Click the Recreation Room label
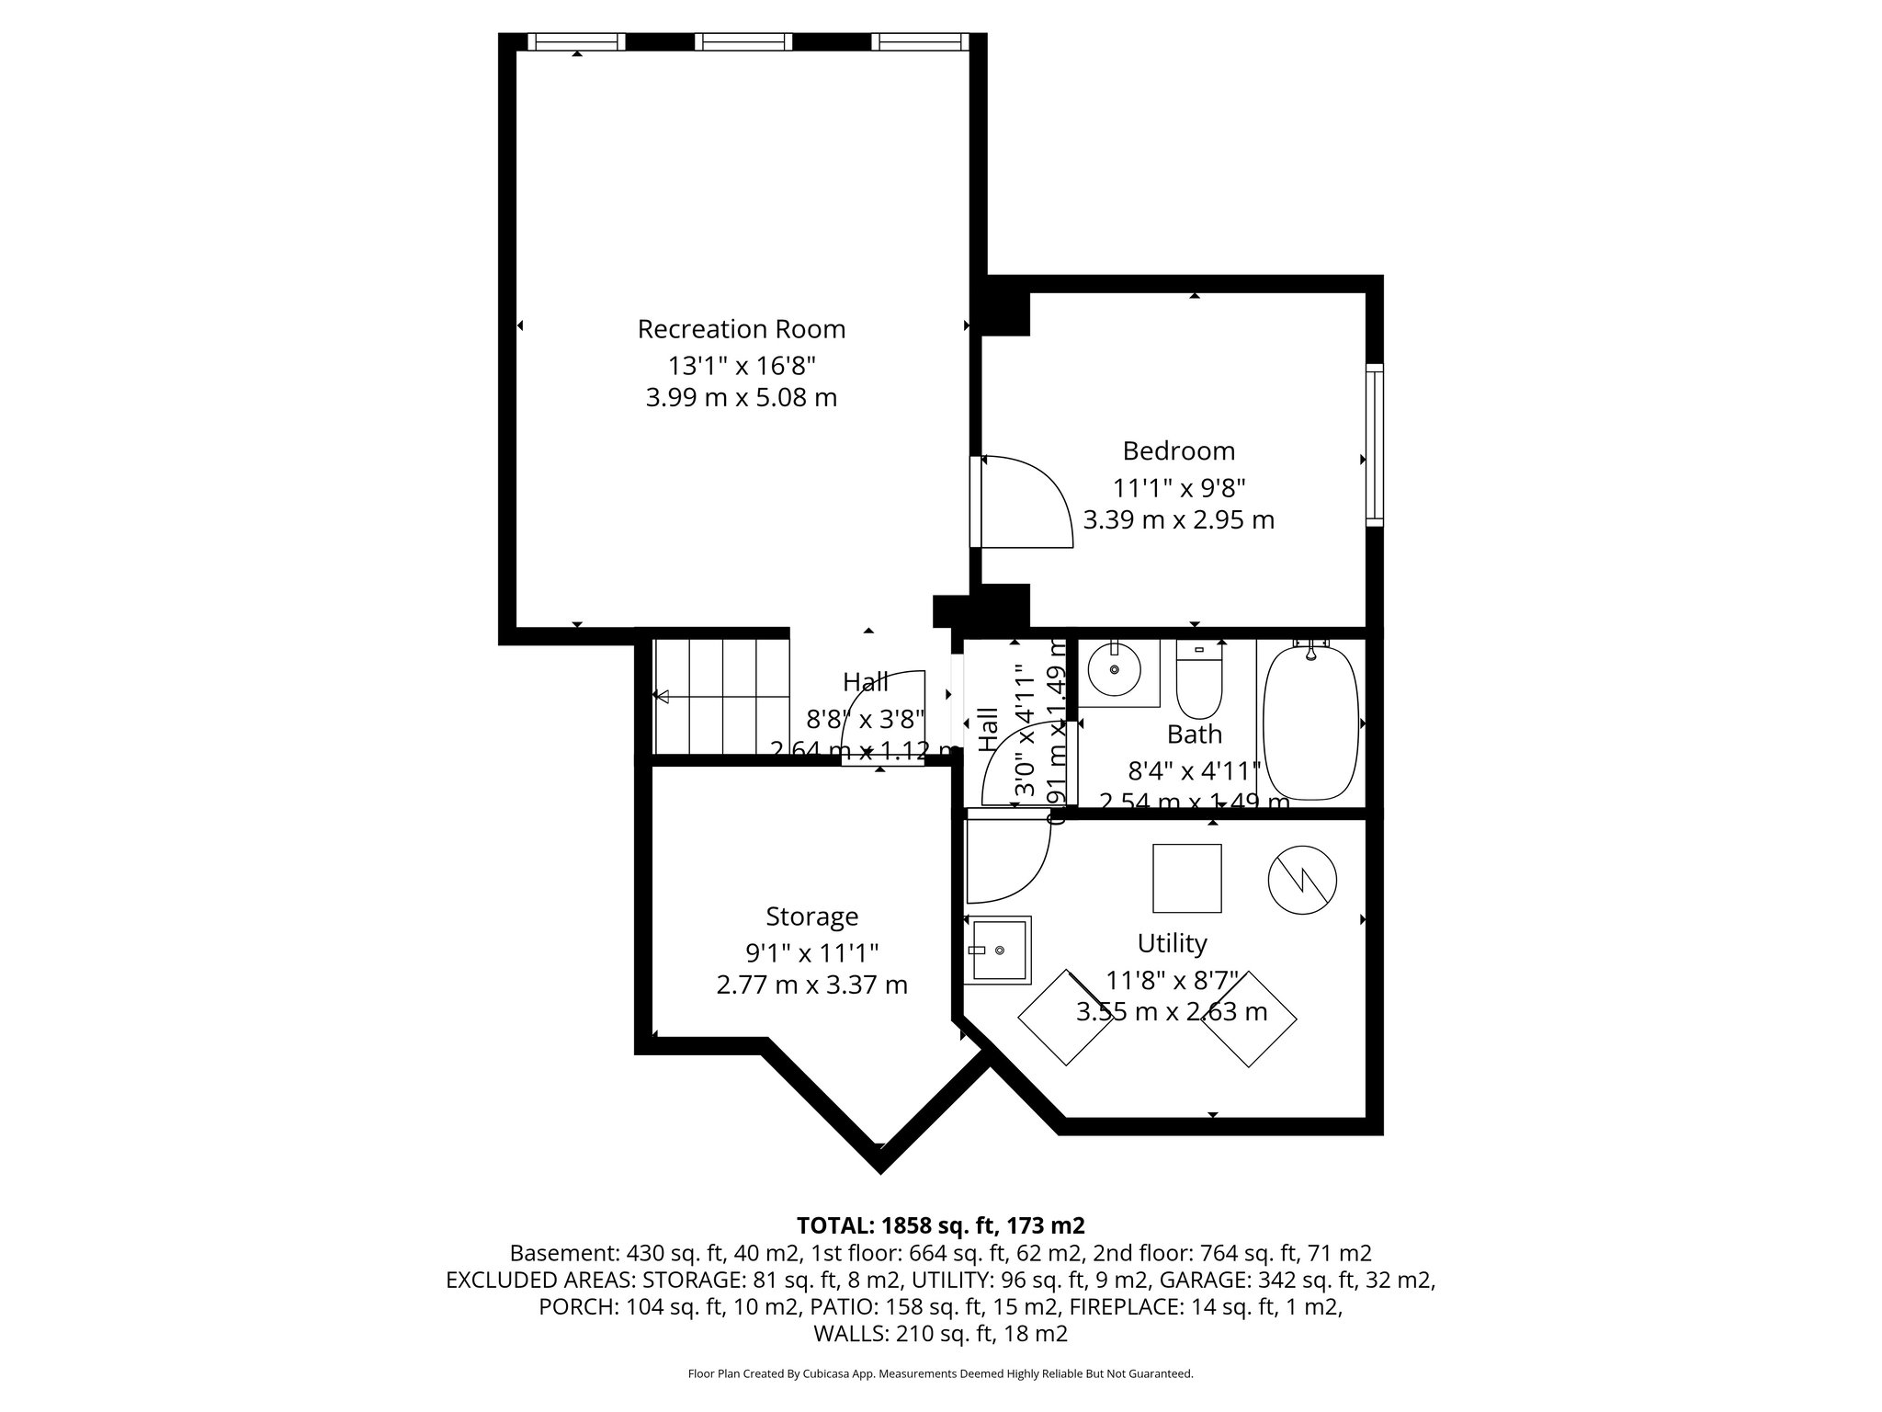click(x=741, y=329)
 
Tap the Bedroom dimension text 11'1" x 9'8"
click(x=1179, y=487)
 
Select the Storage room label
click(x=811, y=917)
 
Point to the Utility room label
click(x=1172, y=943)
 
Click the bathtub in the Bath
click(x=1310, y=723)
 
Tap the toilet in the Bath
click(x=1199, y=681)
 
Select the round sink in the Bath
click(x=1115, y=669)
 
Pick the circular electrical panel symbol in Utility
click(x=1302, y=880)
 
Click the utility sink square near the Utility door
click(x=998, y=950)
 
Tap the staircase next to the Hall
click(x=721, y=697)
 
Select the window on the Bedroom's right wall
click(x=1374, y=445)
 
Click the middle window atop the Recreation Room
click(x=743, y=41)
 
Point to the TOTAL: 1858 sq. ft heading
click(x=940, y=1225)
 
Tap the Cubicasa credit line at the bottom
click(x=940, y=1374)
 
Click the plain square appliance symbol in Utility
click(x=1187, y=878)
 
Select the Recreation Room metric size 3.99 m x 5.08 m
click(x=741, y=398)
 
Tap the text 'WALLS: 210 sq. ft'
click(x=940, y=1334)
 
